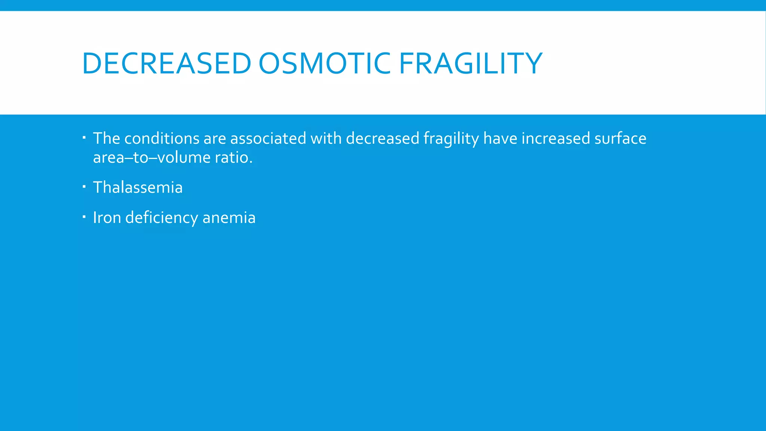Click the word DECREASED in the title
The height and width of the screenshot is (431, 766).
(x=166, y=64)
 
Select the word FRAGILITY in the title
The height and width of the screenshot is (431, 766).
(x=471, y=64)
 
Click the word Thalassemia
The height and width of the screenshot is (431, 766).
(x=138, y=187)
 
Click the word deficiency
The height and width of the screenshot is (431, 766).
(x=162, y=218)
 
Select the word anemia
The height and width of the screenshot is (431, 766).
(x=229, y=218)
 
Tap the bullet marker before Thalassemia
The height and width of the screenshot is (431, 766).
(x=85, y=186)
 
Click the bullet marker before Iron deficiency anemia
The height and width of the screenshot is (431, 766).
(x=85, y=216)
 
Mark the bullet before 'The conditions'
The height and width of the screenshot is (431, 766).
(x=85, y=137)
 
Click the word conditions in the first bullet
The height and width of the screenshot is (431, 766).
(x=162, y=138)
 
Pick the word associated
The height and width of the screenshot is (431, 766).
(x=268, y=138)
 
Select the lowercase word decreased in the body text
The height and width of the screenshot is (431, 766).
(x=382, y=138)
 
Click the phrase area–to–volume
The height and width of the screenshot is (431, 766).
(x=152, y=158)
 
